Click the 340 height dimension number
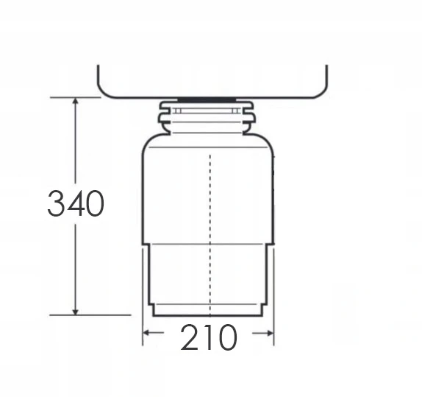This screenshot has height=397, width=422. click(x=76, y=203)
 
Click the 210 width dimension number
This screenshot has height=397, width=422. click(x=209, y=337)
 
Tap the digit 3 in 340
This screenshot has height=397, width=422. click(x=56, y=203)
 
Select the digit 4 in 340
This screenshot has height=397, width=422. click(x=75, y=203)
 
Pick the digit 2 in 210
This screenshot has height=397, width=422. click(x=190, y=337)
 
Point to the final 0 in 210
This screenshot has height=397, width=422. click(x=228, y=337)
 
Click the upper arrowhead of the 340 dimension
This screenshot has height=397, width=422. click(x=76, y=102)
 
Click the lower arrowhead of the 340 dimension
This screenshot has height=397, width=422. click(x=76, y=311)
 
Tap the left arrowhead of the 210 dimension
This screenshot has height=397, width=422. click(x=146, y=333)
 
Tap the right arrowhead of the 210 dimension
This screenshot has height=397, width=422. click(x=270, y=334)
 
